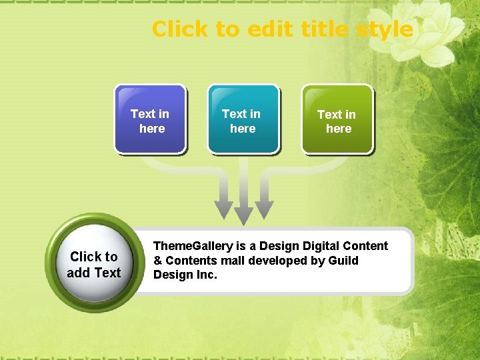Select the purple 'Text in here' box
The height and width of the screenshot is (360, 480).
point(150,120)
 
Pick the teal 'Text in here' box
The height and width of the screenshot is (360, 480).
point(241,120)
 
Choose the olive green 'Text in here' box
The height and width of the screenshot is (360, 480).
point(337,121)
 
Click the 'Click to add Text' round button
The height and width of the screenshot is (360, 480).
point(94,265)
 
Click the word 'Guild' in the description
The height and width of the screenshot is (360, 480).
point(343,260)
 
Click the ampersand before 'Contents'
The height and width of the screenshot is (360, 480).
point(157,260)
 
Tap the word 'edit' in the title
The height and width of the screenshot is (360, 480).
point(271,29)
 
